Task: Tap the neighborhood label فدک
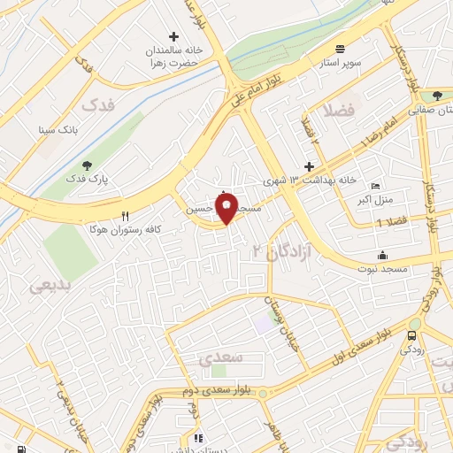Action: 99,104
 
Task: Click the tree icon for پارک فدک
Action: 86,165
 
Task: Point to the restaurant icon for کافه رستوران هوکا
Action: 125,216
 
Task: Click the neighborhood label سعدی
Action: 217,359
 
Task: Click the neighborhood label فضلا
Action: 339,111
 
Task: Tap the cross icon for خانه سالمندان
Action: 173,37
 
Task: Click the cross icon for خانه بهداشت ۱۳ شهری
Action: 308,165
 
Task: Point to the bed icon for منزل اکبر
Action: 375,187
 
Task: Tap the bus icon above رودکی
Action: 411,336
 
